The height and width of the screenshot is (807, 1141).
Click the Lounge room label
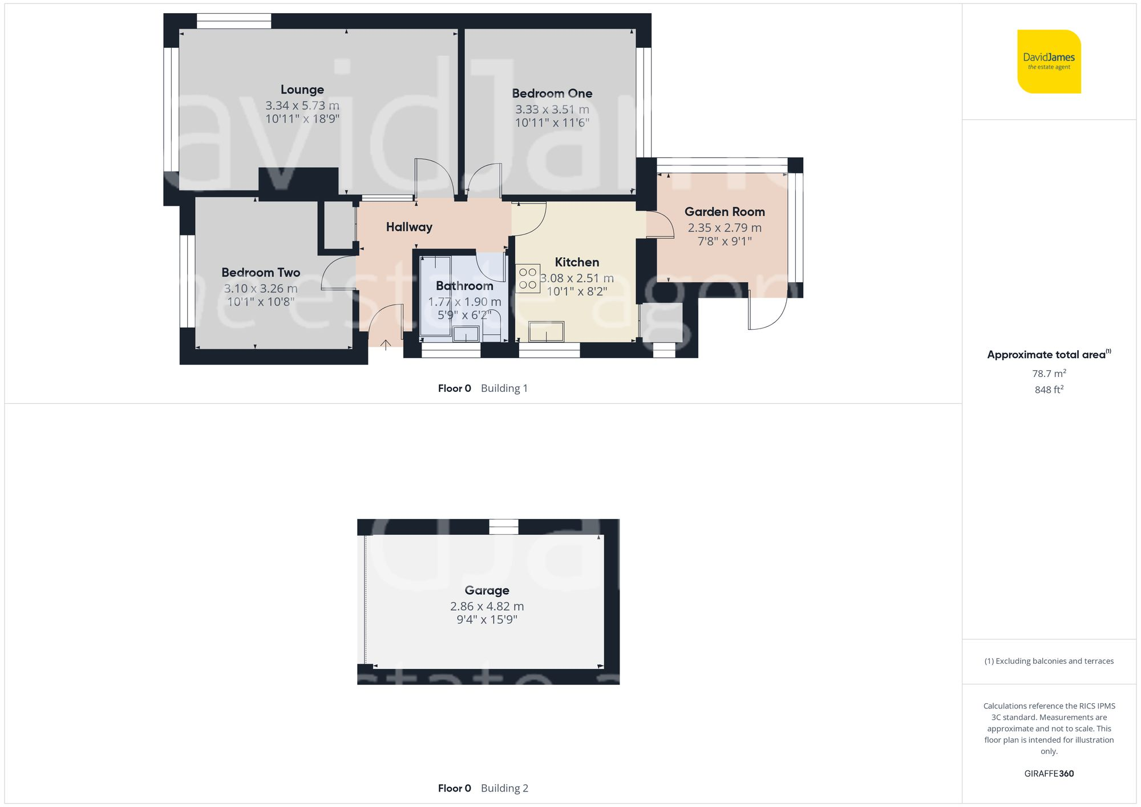pos(302,90)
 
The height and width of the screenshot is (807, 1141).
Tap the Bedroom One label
pos(552,93)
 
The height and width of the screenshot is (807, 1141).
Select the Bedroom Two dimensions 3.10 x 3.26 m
pos(261,289)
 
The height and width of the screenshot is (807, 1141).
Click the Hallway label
pos(409,227)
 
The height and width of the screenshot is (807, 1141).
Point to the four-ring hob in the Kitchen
pos(528,279)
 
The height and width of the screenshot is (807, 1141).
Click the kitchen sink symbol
pos(546,331)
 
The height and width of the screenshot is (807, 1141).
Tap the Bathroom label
pos(464,286)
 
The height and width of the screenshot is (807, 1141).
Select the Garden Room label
pos(725,212)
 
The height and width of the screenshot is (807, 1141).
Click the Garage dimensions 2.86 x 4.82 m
pos(487,606)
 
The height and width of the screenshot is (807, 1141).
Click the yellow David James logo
pos(1049,62)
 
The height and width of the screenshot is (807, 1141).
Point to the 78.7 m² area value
pos(1049,374)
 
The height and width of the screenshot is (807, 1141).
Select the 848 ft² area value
pos(1049,390)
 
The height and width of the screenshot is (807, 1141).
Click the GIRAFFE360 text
pos(1049,773)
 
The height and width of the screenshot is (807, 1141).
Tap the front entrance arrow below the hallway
pos(386,344)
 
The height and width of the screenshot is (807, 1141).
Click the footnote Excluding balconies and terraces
pos(1049,661)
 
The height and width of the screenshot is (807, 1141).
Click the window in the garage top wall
pos(504,526)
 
